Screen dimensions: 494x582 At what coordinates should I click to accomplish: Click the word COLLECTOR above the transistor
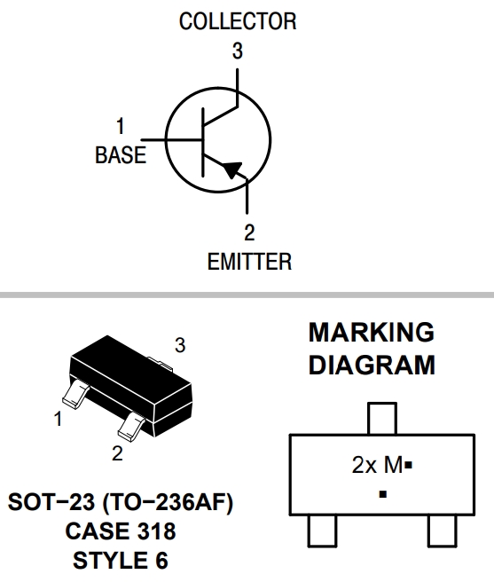pyautogui.click(x=238, y=21)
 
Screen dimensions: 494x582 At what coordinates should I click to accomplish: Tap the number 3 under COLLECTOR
pyautogui.click(x=238, y=51)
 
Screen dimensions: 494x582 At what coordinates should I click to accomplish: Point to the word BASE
pyautogui.click(x=121, y=154)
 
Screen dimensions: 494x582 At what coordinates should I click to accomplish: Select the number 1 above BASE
pyautogui.click(x=121, y=126)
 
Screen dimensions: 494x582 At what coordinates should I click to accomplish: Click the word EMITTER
pyautogui.click(x=249, y=262)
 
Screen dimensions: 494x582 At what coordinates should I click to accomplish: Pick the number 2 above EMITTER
pyautogui.click(x=249, y=232)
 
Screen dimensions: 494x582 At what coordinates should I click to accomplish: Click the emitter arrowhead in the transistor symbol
pyautogui.click(x=232, y=169)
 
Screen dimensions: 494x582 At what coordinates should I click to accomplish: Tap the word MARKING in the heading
pyautogui.click(x=372, y=332)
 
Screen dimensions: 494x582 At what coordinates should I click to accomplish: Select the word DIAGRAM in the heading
pyautogui.click(x=372, y=365)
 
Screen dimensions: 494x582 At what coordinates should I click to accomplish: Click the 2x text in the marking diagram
pyautogui.click(x=365, y=465)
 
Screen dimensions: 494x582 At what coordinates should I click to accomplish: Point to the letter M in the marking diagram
pyautogui.click(x=394, y=465)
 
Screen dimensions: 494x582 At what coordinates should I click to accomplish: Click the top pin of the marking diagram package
pyautogui.click(x=382, y=419)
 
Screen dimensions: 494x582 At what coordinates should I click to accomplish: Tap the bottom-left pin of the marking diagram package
pyautogui.click(x=323, y=531)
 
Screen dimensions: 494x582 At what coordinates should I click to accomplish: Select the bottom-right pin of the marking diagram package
pyautogui.click(x=443, y=531)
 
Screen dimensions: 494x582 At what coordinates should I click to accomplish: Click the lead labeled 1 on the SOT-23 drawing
pyautogui.click(x=75, y=394)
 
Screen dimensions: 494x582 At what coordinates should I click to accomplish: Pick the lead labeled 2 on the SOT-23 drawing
pyautogui.click(x=131, y=428)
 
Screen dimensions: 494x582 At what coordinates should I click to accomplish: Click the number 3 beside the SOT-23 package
pyautogui.click(x=180, y=345)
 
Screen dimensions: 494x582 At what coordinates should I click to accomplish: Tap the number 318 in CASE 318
pyautogui.click(x=157, y=531)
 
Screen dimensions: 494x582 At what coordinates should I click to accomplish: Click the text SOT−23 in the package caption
pyautogui.click(x=51, y=502)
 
